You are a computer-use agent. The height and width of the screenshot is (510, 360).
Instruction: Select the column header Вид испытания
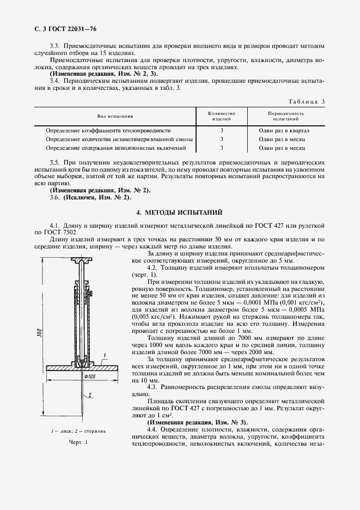click(x=115, y=116)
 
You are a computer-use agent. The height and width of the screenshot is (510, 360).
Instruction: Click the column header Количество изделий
click(x=222, y=116)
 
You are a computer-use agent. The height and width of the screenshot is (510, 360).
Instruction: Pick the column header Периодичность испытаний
click(x=285, y=116)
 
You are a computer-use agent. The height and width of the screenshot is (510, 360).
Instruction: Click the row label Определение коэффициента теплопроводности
click(x=108, y=131)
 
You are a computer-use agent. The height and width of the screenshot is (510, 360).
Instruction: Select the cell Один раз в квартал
click(x=284, y=131)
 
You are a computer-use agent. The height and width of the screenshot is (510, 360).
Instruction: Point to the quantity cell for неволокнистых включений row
click(x=222, y=148)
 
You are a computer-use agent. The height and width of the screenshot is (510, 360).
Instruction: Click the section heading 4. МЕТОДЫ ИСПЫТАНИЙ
click(x=179, y=212)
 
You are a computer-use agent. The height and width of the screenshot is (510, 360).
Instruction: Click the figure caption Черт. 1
click(x=78, y=442)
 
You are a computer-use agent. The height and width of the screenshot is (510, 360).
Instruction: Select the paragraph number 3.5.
click(x=54, y=163)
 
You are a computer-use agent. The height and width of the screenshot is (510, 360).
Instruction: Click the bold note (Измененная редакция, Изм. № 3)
click(x=197, y=422)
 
